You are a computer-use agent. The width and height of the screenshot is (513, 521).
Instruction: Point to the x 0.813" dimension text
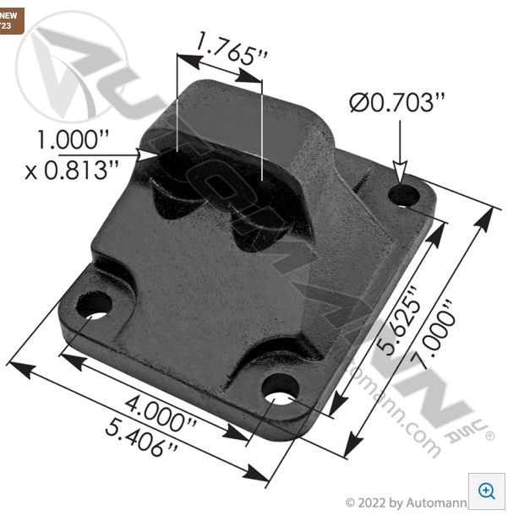pos(71,170)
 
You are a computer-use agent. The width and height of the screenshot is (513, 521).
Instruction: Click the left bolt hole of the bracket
pos(96,305)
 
